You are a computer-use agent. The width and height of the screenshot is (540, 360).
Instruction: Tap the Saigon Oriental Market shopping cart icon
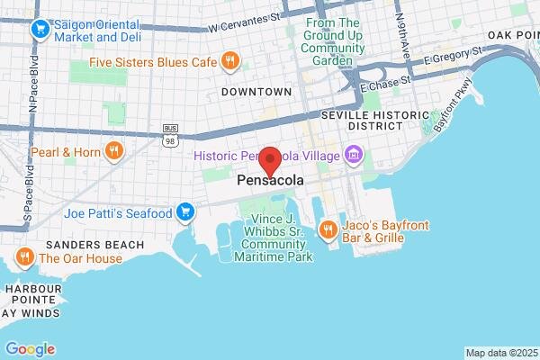coord(40,30)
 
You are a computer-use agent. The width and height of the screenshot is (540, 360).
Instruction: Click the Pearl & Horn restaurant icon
coord(113,151)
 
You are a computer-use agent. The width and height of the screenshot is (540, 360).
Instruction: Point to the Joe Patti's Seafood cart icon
coord(185,212)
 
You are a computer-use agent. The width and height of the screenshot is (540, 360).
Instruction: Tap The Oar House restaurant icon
coord(24,257)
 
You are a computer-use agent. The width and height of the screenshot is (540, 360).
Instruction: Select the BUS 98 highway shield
coord(169,134)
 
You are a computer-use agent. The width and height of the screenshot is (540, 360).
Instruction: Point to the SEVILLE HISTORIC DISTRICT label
coord(362,121)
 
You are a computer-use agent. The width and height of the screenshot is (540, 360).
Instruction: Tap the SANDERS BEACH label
coord(95,245)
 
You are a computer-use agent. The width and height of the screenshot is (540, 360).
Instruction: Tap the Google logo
coord(30,349)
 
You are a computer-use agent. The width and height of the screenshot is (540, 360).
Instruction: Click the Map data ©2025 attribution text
coord(499,353)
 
